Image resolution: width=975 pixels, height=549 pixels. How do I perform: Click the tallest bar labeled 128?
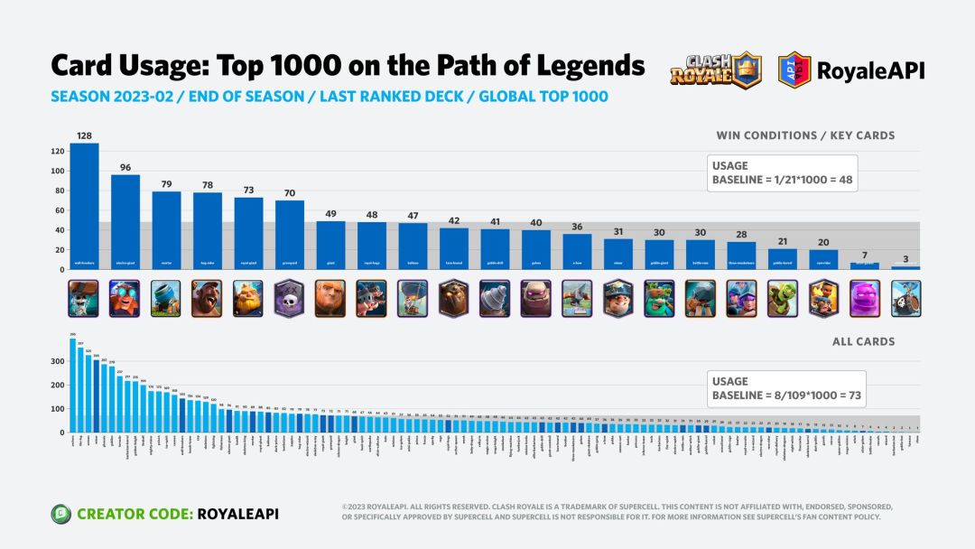(x=84, y=206)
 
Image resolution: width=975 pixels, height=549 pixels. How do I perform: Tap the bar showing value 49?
(x=330, y=245)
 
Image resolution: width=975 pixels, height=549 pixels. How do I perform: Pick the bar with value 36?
(x=577, y=251)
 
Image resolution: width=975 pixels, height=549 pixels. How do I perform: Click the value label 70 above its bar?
(x=290, y=192)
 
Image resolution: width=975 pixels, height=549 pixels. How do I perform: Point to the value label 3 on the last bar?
(x=905, y=258)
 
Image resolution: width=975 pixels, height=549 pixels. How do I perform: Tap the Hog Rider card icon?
(x=207, y=298)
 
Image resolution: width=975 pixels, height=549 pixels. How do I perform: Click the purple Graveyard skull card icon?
(x=290, y=298)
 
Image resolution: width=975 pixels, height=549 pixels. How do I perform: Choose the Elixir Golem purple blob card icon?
(x=865, y=298)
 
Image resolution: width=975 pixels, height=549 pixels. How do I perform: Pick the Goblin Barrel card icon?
(x=782, y=298)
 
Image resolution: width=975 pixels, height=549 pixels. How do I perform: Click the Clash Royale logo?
(x=716, y=70)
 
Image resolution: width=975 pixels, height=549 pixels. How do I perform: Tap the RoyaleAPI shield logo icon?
(x=794, y=70)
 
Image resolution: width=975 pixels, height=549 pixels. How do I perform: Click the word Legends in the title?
(x=578, y=66)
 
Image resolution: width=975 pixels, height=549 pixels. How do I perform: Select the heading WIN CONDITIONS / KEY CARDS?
(x=805, y=135)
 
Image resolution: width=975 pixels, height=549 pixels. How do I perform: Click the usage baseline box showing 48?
(x=782, y=172)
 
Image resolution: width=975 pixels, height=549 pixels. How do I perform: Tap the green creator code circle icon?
(x=61, y=514)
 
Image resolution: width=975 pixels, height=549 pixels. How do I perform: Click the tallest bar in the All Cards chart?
(x=73, y=385)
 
